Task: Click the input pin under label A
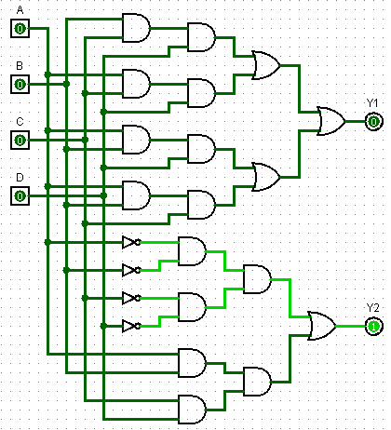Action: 20,29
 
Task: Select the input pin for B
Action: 20,84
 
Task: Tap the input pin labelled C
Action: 20,140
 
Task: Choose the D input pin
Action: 20,195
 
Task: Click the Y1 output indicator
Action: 373,122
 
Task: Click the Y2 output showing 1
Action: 373,326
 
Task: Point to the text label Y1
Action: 372,102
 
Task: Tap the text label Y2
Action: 372,308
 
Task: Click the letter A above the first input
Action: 20,10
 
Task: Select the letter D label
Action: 20,178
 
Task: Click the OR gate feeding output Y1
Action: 330,121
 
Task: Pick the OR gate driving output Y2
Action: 322,326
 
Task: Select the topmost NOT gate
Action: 131,242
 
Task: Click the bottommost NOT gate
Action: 131,326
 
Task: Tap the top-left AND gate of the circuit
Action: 136,28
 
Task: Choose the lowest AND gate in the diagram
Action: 192,410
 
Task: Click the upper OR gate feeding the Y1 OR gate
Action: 266,65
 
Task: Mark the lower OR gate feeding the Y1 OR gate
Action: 266,177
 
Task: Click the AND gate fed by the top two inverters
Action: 192,251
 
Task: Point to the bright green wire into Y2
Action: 350,326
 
